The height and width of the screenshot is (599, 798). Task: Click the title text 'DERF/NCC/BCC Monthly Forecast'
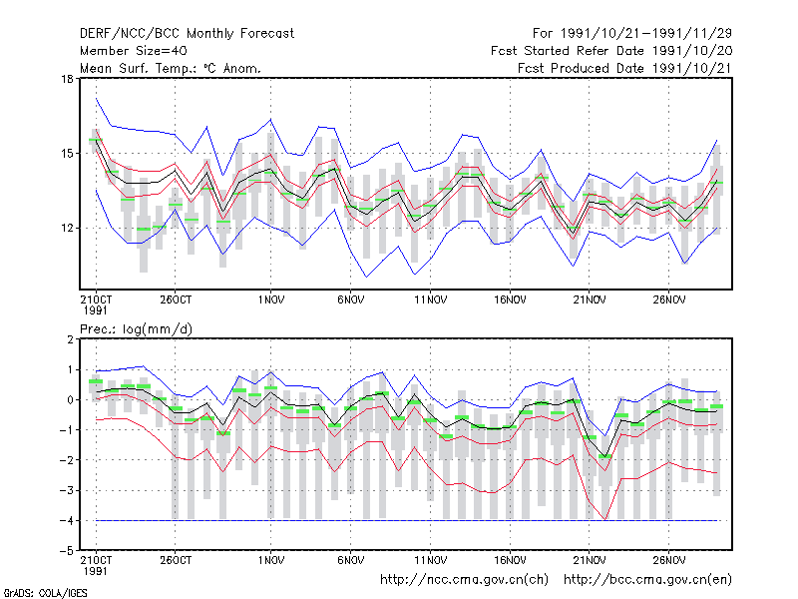coord(187,34)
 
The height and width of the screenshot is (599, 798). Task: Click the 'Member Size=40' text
coord(134,51)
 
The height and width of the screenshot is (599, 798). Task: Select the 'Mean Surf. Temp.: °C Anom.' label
coord(171,68)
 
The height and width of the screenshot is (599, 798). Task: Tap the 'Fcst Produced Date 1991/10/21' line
coord(625,68)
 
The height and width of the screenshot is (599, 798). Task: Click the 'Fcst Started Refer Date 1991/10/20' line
coord(611,51)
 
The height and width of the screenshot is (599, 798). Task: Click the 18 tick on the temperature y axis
coord(67,79)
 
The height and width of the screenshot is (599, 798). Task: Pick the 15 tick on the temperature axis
coord(67,154)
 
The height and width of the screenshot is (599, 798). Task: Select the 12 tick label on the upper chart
coord(67,229)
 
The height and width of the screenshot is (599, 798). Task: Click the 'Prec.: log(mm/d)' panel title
coord(137,329)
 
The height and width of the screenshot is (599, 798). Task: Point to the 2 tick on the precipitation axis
coord(70,339)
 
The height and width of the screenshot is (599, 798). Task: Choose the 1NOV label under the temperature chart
coord(270,300)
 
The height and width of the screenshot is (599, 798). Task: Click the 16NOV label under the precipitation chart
coord(510,560)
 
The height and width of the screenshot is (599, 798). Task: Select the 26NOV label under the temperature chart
coord(669,300)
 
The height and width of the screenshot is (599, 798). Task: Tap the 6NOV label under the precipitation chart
coord(351,560)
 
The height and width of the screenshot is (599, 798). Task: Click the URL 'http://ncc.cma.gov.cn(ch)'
coord(464,580)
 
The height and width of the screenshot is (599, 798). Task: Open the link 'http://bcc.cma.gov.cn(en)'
coord(647,580)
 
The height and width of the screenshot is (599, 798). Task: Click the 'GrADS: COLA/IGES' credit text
coord(45,593)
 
